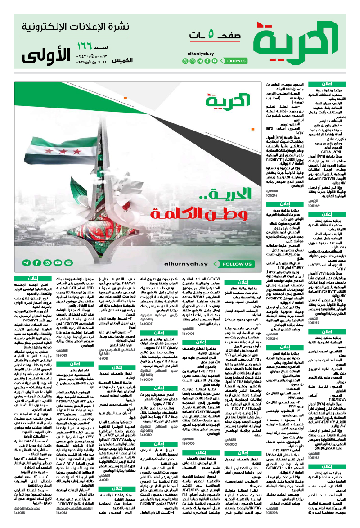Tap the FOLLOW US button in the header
pos(236,60)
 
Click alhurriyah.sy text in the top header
pos(200,53)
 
